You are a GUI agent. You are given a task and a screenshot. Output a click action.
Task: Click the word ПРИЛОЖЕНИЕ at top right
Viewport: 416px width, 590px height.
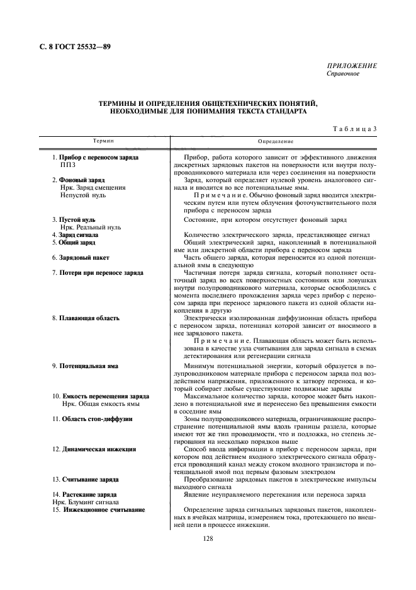pos(352,66)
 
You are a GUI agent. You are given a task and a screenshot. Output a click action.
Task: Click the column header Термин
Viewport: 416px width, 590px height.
pos(104,141)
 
